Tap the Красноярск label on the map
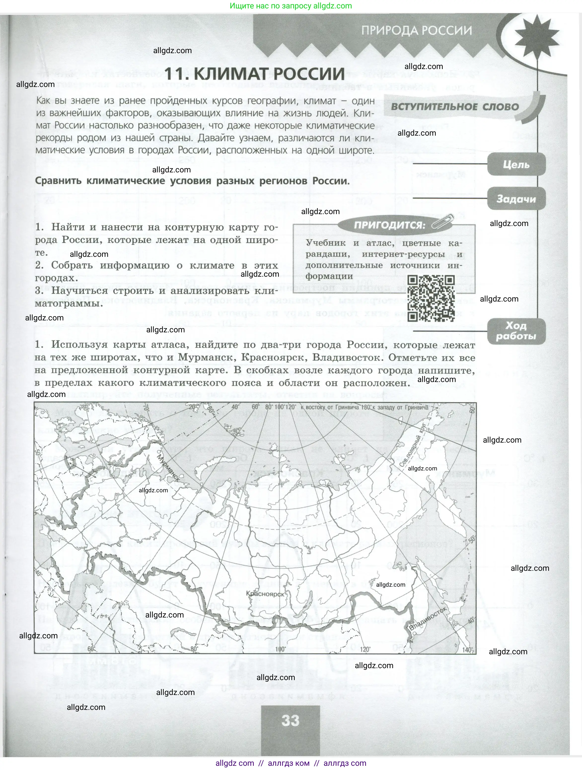(x=265, y=594)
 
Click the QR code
(x=431, y=298)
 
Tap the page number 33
(x=290, y=720)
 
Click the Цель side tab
(x=516, y=164)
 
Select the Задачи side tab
(x=516, y=199)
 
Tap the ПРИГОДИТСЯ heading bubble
(x=389, y=225)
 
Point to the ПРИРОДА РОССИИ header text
(x=416, y=31)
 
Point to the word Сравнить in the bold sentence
(x=58, y=181)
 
